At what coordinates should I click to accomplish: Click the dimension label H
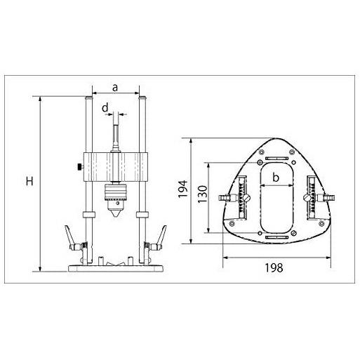(x=29, y=182)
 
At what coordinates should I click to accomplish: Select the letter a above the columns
(x=115, y=86)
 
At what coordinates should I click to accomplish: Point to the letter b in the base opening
(x=276, y=178)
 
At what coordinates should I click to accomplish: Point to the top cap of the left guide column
(x=89, y=100)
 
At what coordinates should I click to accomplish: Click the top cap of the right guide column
(x=142, y=100)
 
